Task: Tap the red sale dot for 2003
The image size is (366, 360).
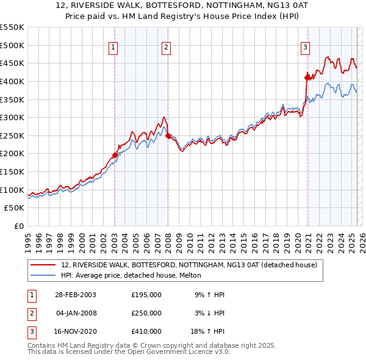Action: click(115, 155)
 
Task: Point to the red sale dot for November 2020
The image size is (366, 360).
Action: click(306, 77)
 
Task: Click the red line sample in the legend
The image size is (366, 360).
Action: click(43, 265)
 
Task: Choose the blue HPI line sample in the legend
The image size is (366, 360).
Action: click(43, 275)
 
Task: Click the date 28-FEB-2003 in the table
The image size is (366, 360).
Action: click(75, 295)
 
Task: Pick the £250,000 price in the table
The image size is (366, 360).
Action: click(146, 313)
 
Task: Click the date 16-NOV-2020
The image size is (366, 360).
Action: click(75, 331)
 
